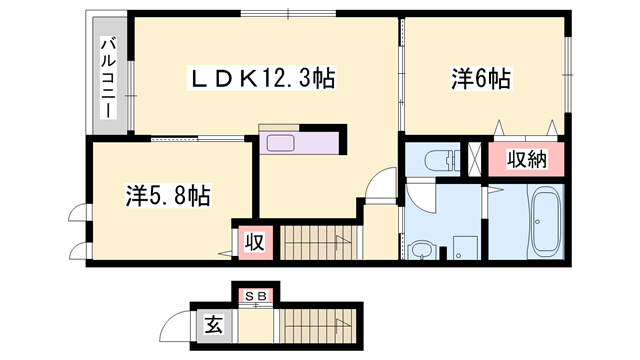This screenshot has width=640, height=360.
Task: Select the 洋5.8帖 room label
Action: click(168, 194)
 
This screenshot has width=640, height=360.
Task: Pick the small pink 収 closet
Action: click(254, 241)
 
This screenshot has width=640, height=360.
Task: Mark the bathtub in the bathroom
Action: click(547, 222)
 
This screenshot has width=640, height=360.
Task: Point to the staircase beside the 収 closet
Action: click(318, 242)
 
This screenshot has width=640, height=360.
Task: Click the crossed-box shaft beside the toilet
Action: click(475, 160)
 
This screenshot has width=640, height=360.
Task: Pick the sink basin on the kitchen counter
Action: click(277, 141)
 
